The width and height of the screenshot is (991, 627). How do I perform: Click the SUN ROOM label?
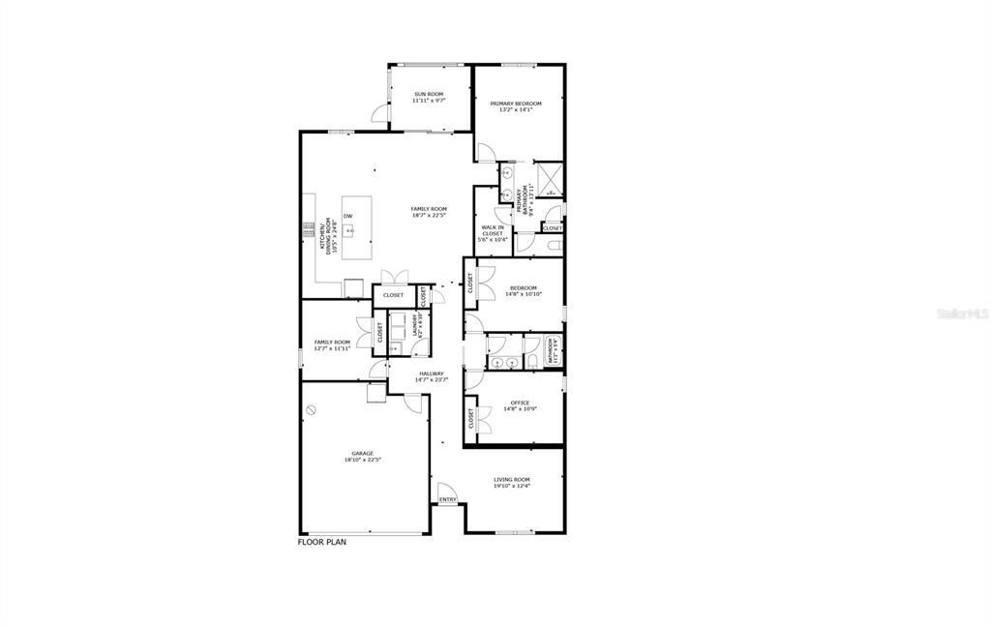coord(429,94)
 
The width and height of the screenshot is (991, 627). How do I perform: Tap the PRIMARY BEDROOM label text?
coord(515,104)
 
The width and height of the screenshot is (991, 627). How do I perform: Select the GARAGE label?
coord(362,453)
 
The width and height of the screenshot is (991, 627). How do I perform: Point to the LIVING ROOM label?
coord(512,479)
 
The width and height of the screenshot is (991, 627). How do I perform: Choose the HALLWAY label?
coord(432,373)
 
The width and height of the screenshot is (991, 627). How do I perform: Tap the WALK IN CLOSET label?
coord(493,230)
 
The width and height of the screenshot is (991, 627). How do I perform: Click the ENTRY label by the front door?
coord(447,499)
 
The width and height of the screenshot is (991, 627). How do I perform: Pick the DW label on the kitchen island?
coord(347,215)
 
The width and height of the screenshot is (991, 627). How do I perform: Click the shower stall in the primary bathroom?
coord(550,179)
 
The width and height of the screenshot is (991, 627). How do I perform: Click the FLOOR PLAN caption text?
coord(321,542)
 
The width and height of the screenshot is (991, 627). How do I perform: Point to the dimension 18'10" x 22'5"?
coord(362,461)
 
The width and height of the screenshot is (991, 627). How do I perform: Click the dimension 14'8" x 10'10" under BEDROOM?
coord(523,294)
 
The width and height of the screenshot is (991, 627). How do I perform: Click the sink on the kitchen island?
coord(354,231)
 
